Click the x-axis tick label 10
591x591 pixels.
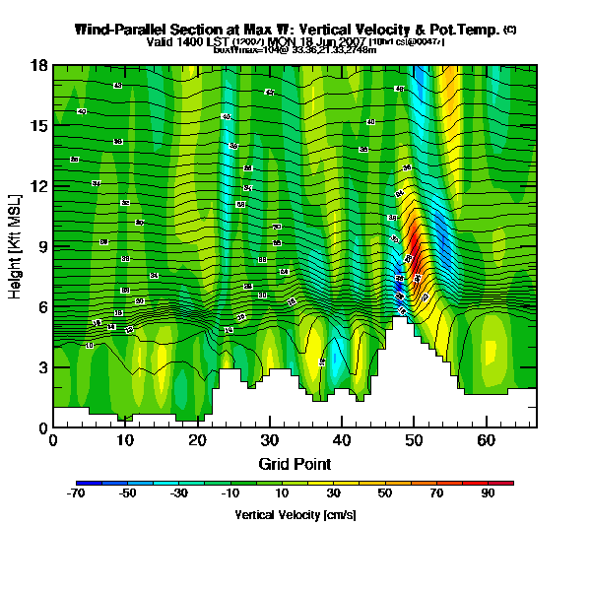pos(125,440)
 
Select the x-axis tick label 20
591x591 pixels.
pos(197,440)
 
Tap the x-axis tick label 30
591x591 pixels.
pos(269,440)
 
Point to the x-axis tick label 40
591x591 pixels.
pos(342,440)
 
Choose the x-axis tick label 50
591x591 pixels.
pos(414,440)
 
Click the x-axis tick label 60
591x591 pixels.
pos(486,440)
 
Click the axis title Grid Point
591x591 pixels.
pos(295,463)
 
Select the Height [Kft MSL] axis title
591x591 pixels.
pos(17,246)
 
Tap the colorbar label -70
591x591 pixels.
pos(77,494)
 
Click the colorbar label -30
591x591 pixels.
pos(179,494)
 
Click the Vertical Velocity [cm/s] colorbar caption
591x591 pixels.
pos(295,514)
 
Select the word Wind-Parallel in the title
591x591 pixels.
pos(121,31)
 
